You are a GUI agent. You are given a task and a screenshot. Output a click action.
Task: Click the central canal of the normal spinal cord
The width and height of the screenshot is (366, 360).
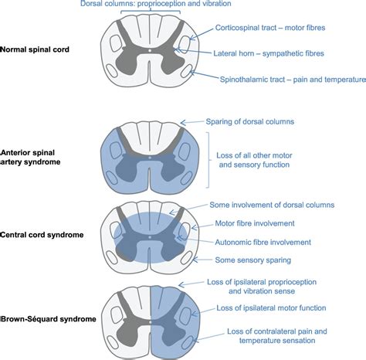click(x=149, y=52)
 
